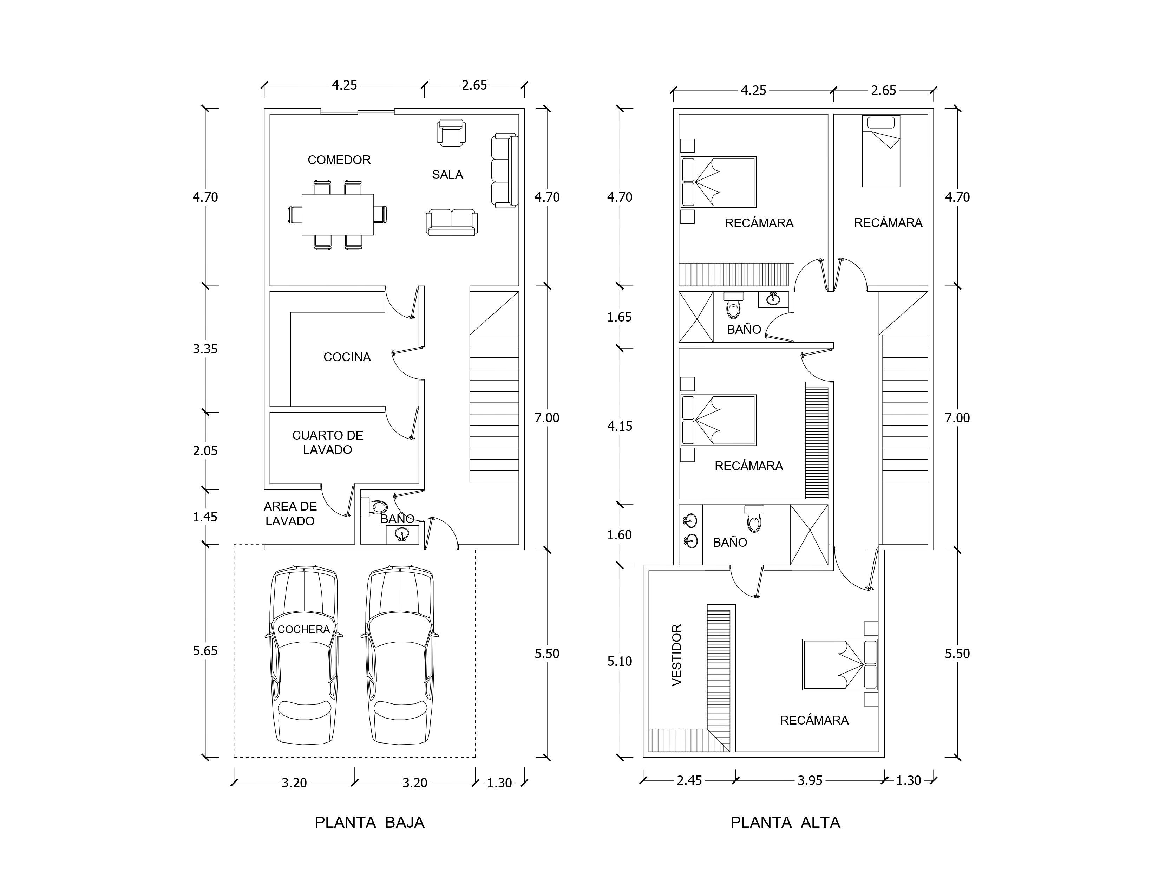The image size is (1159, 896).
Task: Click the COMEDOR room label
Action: (x=339, y=160)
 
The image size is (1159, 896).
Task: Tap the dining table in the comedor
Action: (x=338, y=214)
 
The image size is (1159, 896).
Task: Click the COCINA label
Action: (x=347, y=357)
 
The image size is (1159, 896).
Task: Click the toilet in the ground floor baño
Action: (x=374, y=507)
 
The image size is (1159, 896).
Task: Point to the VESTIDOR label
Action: (x=677, y=655)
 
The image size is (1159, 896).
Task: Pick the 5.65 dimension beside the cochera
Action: (x=205, y=651)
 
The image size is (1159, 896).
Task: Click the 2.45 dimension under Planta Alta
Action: (x=689, y=780)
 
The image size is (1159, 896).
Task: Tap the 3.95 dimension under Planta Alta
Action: (x=810, y=780)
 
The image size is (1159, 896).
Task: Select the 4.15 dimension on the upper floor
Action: (x=620, y=426)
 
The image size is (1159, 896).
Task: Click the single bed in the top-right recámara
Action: (x=881, y=151)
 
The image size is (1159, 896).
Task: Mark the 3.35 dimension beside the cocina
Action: (x=205, y=349)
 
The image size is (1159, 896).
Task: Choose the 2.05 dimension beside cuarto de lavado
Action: (x=205, y=451)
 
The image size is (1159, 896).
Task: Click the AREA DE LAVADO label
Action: (x=290, y=514)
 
